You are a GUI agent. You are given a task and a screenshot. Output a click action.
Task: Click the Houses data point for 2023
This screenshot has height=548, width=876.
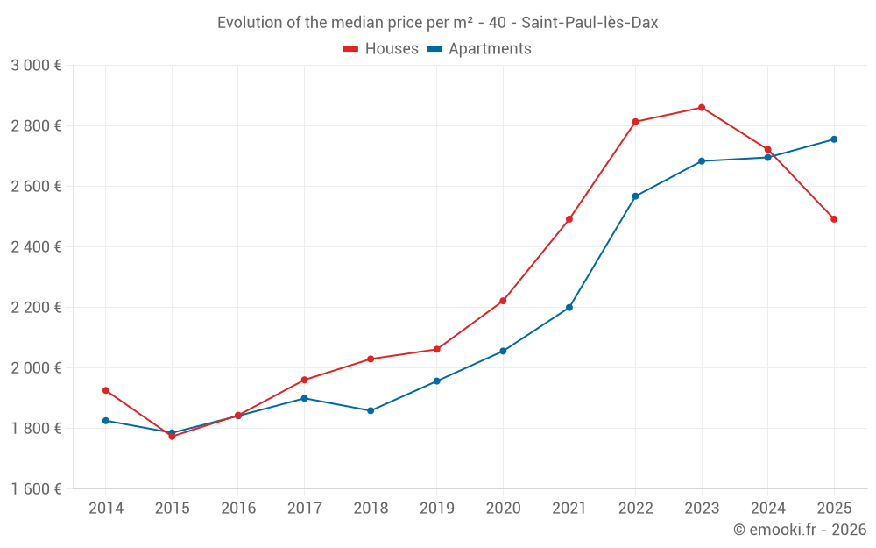tap(702, 108)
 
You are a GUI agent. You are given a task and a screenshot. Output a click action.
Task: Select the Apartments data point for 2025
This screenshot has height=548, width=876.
tap(834, 139)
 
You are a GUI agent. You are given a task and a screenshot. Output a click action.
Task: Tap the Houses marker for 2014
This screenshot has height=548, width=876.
tap(106, 390)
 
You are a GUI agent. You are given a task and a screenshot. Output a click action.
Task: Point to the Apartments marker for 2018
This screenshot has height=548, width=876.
tap(371, 410)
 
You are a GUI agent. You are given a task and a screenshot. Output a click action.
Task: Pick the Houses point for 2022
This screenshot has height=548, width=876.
tap(635, 122)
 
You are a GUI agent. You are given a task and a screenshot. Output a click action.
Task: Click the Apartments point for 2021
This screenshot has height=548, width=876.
tap(569, 308)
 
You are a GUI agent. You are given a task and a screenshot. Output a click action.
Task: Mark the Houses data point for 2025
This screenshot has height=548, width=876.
tap(834, 219)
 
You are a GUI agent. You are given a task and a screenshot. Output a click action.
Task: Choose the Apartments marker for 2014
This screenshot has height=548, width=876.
tap(106, 421)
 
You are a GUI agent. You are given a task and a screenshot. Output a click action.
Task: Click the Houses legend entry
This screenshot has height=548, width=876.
tap(381, 49)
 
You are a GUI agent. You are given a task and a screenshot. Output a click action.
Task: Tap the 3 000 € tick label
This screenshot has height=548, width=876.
tap(37, 66)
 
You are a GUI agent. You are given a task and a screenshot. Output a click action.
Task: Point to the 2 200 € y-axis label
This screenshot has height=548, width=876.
tap(37, 308)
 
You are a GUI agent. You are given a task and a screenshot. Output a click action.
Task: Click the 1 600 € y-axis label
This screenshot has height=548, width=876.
tap(37, 489)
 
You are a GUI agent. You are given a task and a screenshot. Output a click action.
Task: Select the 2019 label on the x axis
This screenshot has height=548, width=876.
tap(437, 509)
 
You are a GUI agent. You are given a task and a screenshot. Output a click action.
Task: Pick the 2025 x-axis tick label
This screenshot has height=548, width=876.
tap(834, 509)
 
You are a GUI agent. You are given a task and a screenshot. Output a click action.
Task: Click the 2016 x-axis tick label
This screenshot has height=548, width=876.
tap(238, 509)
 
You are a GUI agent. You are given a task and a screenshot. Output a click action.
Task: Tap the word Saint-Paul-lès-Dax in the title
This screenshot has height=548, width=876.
tap(590, 23)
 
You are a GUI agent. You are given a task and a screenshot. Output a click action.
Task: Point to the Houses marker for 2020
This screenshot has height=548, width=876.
tap(503, 301)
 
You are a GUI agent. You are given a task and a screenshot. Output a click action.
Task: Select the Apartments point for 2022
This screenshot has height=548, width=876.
tap(635, 196)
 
